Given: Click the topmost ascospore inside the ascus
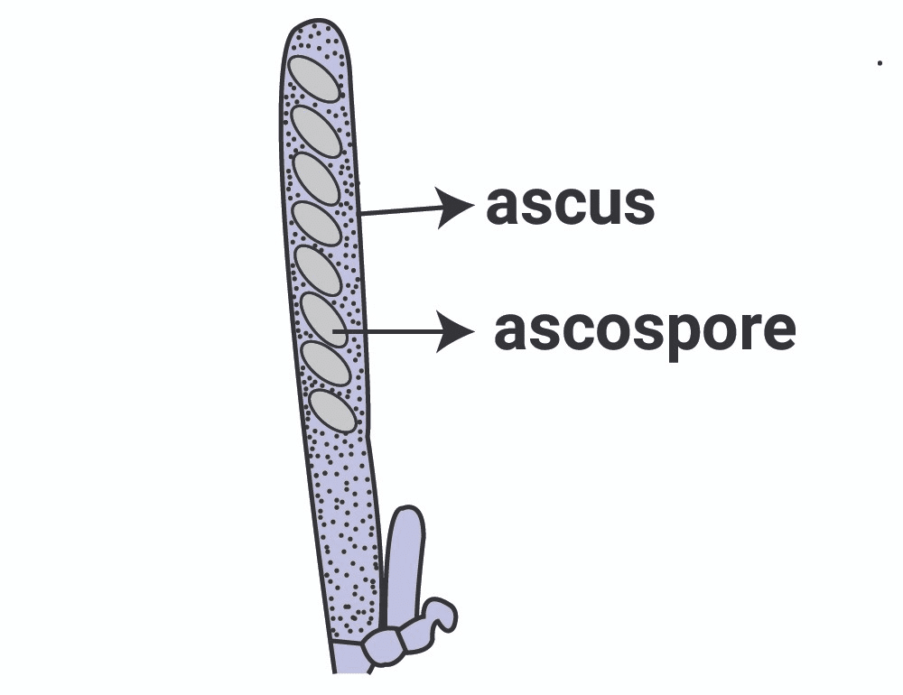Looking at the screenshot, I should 313,79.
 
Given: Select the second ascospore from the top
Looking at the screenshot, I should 316,130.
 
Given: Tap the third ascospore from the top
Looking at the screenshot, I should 317,179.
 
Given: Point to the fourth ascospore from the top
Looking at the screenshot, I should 318,225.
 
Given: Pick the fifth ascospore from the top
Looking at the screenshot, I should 320,270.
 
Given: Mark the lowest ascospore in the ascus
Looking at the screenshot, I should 333,411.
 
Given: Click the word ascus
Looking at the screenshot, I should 570,206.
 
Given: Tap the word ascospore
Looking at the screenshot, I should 645,331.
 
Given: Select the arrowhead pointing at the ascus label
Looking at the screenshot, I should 454,207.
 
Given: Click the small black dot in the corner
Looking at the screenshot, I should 880,63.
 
